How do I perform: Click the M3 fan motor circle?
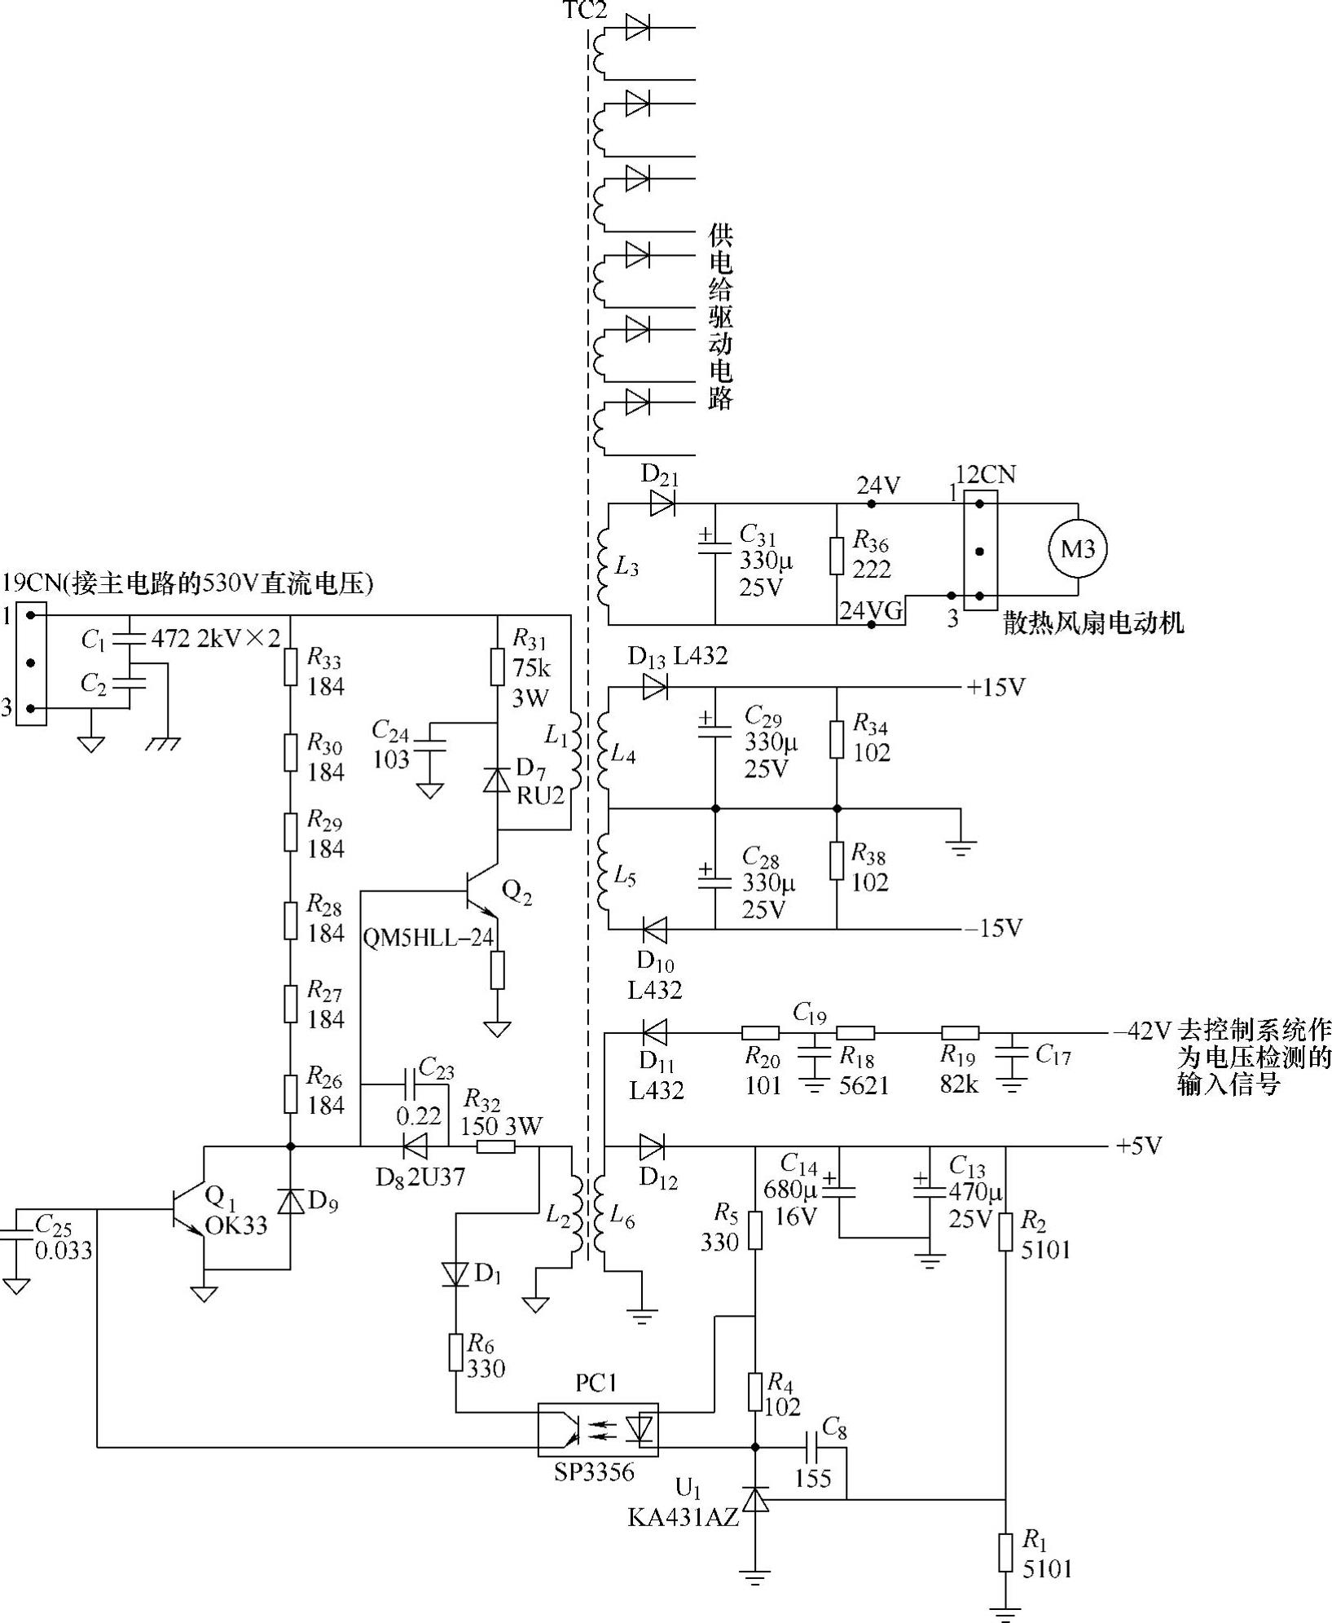tap(1077, 548)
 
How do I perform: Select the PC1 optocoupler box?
tap(597, 1429)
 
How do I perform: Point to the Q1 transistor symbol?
tap(186, 1209)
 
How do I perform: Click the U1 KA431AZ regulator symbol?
tap(756, 1498)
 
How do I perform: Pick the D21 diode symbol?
tap(662, 504)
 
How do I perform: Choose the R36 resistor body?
tap(837, 556)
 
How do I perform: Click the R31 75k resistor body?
tap(497, 666)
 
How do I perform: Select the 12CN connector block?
tap(979, 550)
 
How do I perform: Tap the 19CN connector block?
tap(32, 664)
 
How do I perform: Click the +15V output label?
tap(996, 688)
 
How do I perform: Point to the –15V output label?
tap(993, 928)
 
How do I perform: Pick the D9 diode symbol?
tap(291, 1201)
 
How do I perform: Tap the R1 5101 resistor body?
tap(1006, 1552)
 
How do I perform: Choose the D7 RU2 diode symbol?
tap(497, 781)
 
